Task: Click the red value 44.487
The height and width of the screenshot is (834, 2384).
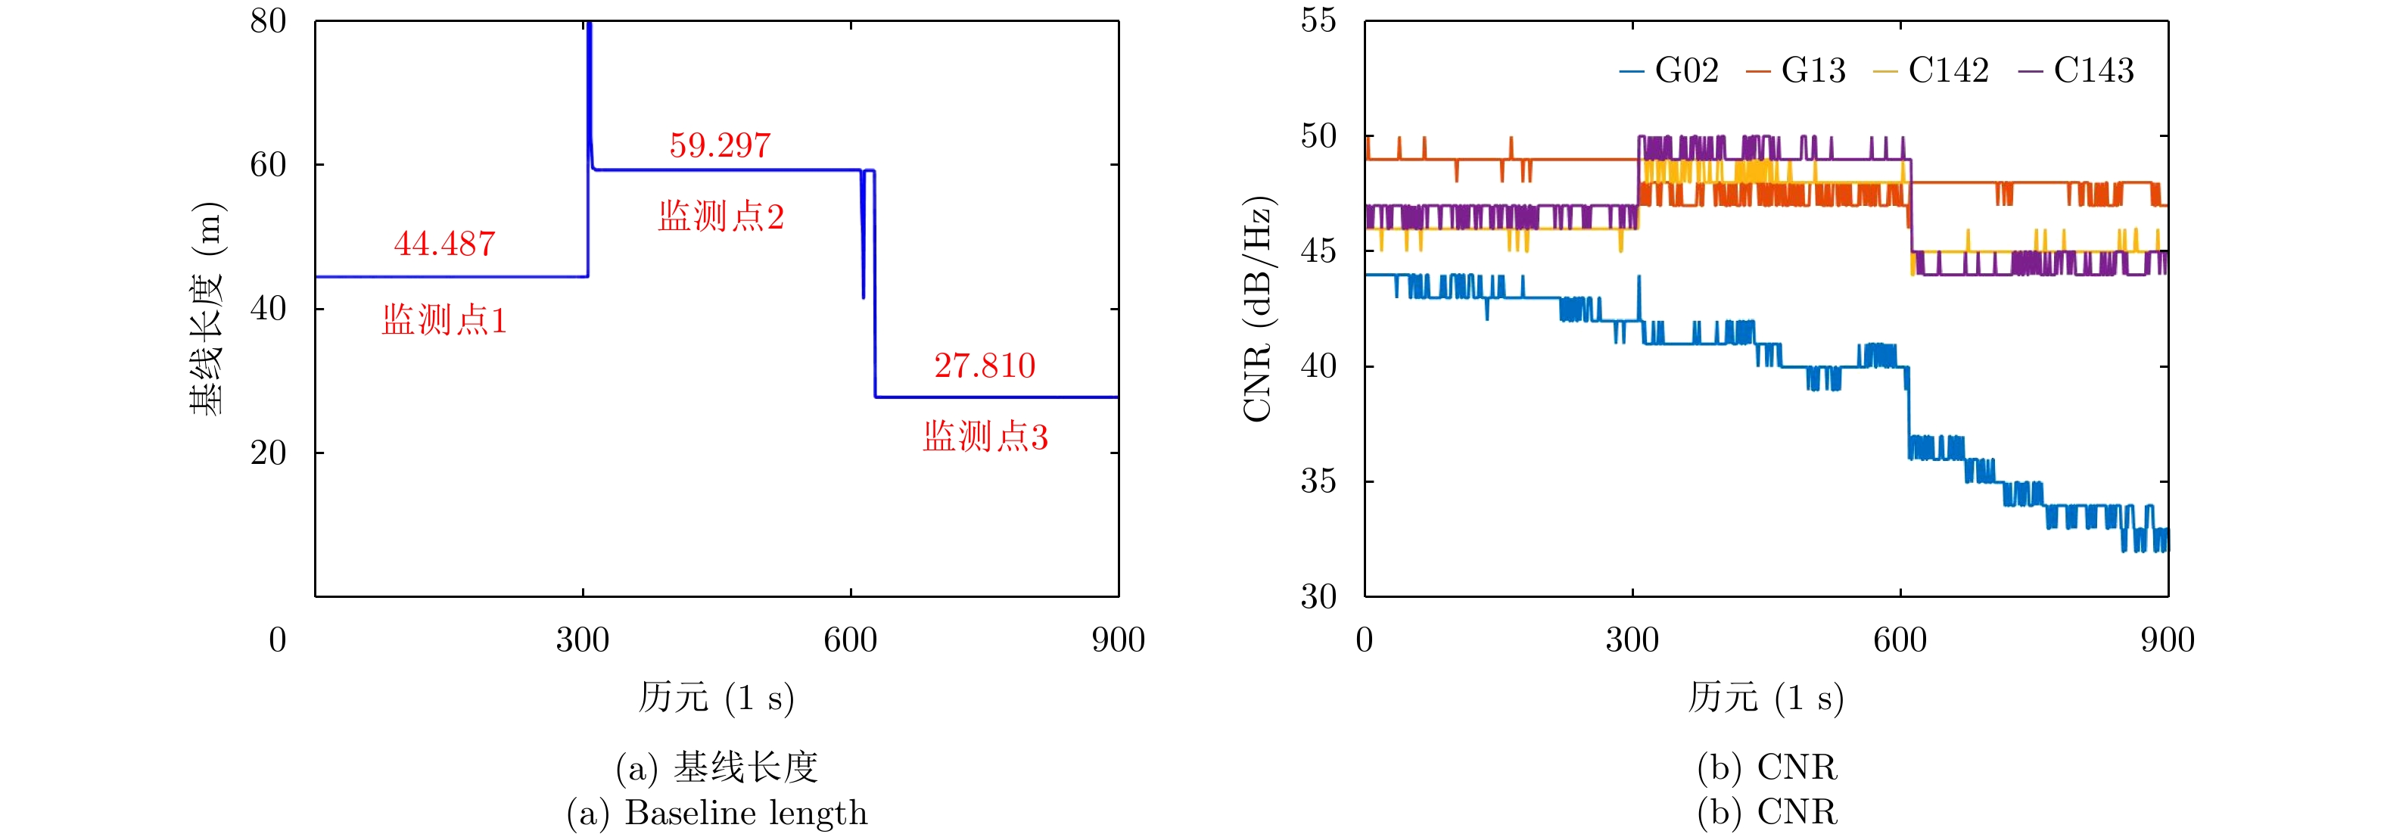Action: coord(444,244)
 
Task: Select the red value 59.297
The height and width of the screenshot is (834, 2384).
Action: coord(720,145)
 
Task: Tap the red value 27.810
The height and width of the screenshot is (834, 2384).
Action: coord(985,366)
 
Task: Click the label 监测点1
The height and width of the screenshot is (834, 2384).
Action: coord(444,320)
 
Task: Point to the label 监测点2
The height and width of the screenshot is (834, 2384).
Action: coord(721,216)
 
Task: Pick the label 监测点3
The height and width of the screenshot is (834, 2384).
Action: coord(985,437)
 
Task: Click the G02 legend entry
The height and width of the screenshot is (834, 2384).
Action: coord(1671,70)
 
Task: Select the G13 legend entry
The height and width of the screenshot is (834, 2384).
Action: coord(1797,70)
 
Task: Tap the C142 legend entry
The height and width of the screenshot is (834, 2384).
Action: coord(1932,70)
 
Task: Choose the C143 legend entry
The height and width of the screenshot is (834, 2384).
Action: coord(2077,70)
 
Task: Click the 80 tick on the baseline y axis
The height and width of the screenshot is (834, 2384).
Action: coord(269,21)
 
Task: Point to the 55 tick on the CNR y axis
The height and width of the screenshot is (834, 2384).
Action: coord(1318,20)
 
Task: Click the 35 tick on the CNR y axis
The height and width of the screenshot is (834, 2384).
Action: coord(1318,481)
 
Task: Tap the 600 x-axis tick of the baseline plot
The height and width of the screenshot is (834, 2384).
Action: coord(851,640)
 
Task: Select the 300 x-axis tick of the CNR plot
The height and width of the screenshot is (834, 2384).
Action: coord(1632,640)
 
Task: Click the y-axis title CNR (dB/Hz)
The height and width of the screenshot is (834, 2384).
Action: coord(1259,310)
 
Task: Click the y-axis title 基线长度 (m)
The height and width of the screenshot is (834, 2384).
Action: coord(207,310)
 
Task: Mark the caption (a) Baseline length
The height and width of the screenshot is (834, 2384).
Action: coord(717,813)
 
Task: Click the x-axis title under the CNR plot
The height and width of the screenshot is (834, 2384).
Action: coord(1766,697)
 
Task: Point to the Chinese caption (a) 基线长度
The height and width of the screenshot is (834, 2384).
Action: coord(717,767)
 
